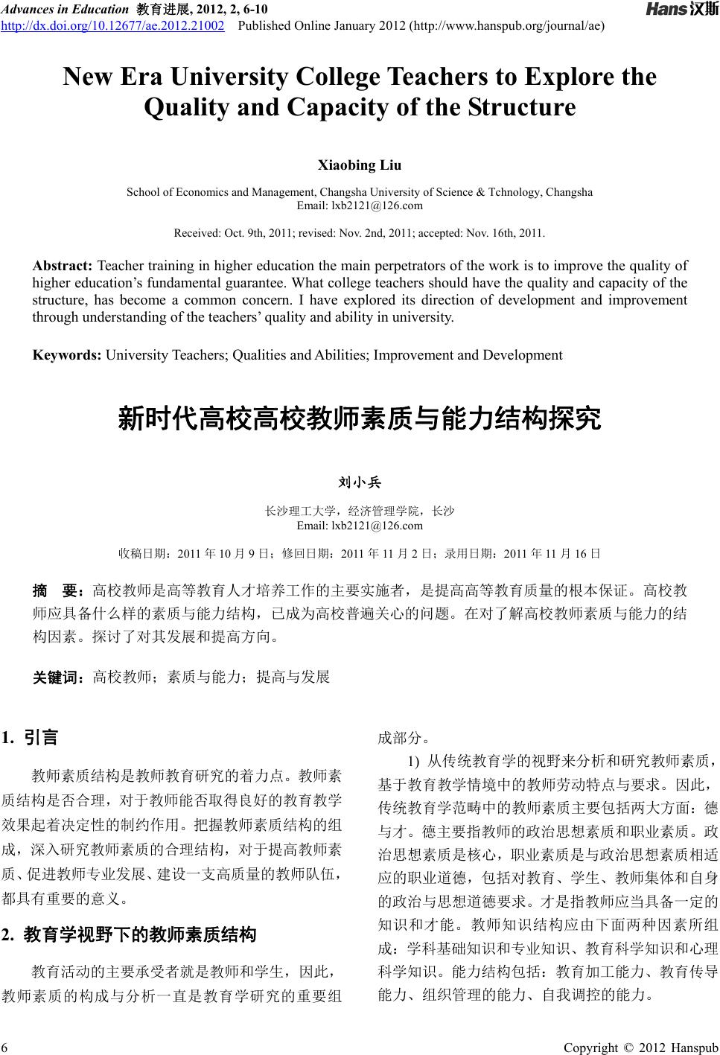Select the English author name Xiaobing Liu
tap(360, 165)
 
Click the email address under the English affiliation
tap(360, 205)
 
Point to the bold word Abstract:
tap(63, 266)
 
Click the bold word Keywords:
tap(67, 355)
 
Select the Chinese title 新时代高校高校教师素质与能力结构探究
tap(360, 419)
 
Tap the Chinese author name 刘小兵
tap(360, 483)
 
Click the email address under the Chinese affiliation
tap(360, 526)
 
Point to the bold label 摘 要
tap(57, 592)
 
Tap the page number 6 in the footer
tap(6, 1048)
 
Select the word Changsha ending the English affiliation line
tap(569, 192)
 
